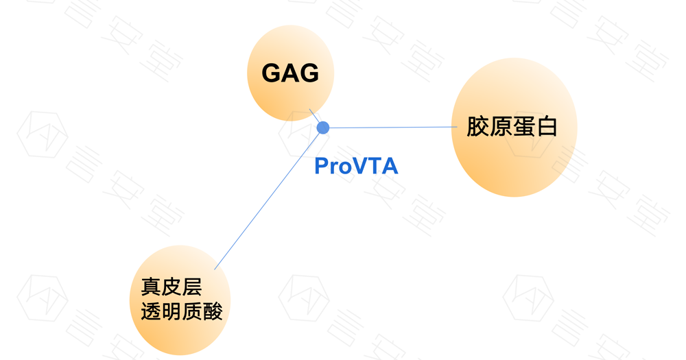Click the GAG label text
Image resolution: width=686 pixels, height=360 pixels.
[290, 73]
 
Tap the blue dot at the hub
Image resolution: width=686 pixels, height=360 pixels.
[323, 128]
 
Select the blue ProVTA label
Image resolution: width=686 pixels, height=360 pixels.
[356, 166]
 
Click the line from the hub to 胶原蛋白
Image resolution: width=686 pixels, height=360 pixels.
[391, 128]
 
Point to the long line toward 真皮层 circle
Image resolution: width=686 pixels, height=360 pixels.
[268, 199]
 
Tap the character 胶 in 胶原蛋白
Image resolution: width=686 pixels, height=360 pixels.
[478, 127]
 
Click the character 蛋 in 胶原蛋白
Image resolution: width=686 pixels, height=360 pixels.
[523, 127]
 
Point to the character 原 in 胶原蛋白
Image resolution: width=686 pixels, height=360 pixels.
[501, 127]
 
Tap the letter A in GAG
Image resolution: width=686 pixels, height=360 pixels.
[290, 73]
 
